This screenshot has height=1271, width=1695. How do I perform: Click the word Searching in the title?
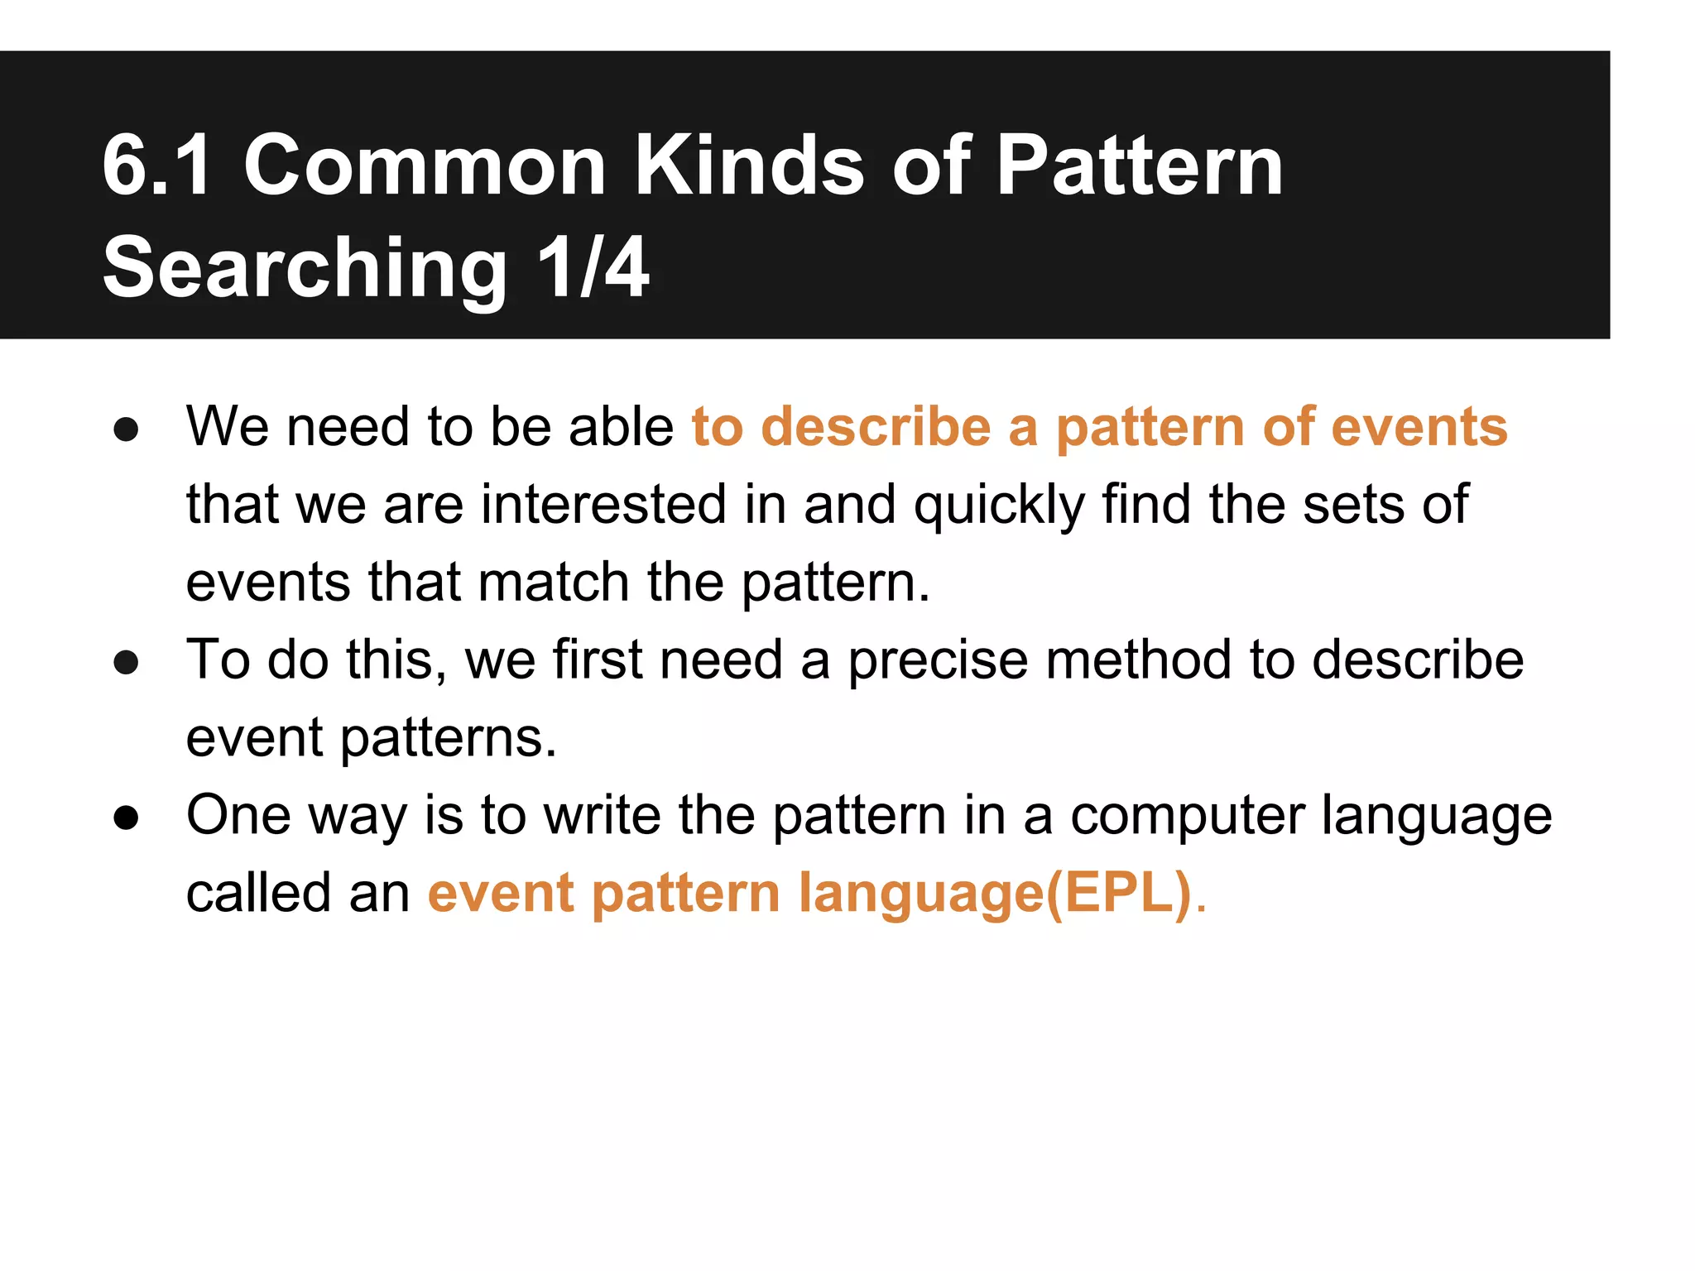click(x=305, y=268)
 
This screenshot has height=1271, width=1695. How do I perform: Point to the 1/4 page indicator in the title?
click(x=593, y=268)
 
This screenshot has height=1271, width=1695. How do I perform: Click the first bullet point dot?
click(x=126, y=429)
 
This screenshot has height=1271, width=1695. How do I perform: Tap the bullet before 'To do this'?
click(x=126, y=662)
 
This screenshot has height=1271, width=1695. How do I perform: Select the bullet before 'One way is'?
click(x=126, y=818)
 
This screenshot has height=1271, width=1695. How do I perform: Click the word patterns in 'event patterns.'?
click(x=448, y=739)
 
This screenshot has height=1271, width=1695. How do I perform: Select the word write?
click(x=603, y=815)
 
